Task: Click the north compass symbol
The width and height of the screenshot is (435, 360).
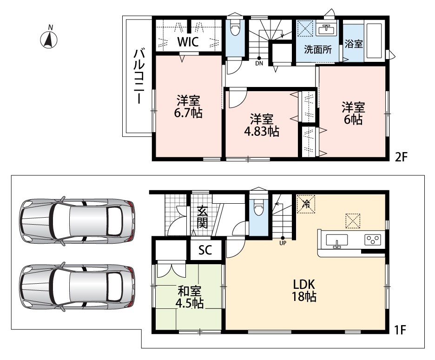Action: click(x=49, y=38)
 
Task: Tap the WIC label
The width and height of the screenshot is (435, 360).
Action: click(x=188, y=42)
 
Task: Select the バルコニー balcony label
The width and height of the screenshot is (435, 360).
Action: click(x=138, y=76)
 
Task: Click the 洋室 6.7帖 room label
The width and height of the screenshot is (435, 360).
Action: click(x=188, y=107)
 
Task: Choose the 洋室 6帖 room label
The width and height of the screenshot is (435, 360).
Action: click(x=353, y=113)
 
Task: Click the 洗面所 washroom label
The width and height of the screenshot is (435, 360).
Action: click(x=317, y=50)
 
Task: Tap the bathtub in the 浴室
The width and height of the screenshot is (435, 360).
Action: click(x=374, y=41)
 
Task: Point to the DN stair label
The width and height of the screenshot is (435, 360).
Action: click(x=259, y=63)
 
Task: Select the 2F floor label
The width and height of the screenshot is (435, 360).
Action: click(x=401, y=157)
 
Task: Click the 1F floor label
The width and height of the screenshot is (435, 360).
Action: click(x=400, y=330)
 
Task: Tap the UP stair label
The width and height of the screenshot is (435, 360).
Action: click(x=283, y=243)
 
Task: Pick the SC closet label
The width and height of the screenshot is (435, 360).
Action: click(x=205, y=250)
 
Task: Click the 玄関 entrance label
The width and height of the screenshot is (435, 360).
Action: click(x=203, y=218)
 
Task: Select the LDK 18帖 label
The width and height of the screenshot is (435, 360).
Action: click(x=304, y=290)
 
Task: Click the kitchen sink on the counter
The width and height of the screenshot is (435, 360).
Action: click(x=337, y=240)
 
